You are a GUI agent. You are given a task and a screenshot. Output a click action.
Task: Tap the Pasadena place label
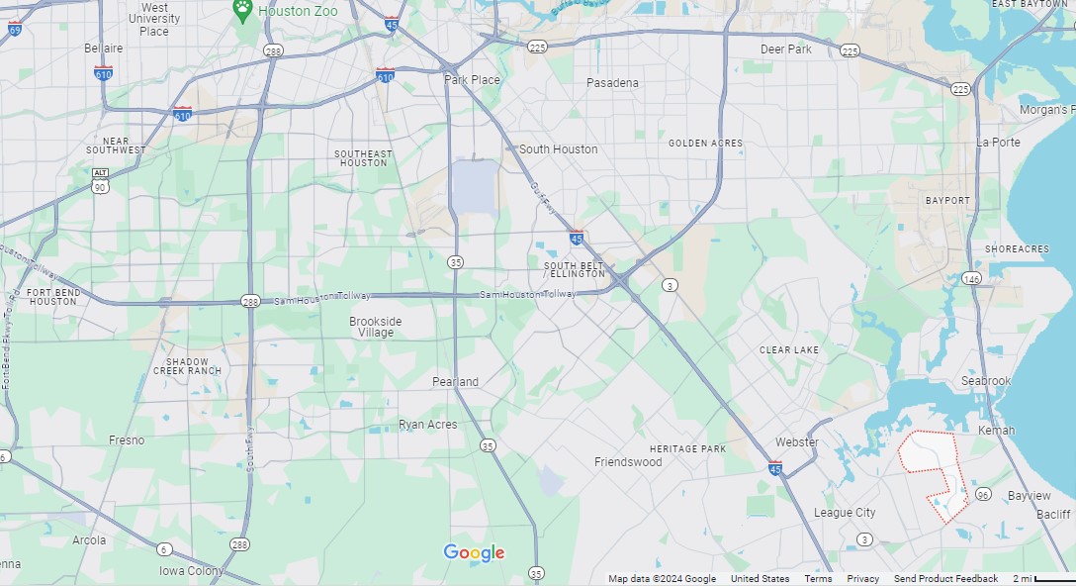tap(612, 83)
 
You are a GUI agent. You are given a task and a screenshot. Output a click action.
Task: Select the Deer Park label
tap(785, 49)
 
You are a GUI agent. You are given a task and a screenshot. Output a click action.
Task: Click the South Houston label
tap(558, 149)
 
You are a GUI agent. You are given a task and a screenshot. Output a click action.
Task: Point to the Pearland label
tap(455, 382)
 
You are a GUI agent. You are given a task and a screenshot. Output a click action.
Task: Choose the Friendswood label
tap(628, 462)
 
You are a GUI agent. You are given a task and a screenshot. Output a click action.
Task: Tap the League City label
tap(845, 513)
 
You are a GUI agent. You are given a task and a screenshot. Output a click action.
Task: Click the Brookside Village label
tap(376, 328)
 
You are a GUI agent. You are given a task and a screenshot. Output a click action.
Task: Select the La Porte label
tap(998, 143)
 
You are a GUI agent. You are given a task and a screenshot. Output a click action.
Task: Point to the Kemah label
tap(996, 431)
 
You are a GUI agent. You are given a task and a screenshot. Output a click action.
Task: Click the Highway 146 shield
tap(973, 278)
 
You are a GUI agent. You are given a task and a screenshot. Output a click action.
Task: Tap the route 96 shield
tap(982, 494)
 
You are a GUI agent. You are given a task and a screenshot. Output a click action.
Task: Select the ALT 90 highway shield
tap(100, 179)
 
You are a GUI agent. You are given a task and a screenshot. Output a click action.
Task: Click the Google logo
tap(474, 553)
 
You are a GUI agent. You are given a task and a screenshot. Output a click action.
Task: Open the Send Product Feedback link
tap(945, 579)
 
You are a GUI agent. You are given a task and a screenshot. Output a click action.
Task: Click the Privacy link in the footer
tap(862, 579)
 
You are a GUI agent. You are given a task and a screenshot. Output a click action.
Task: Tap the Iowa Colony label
tap(192, 571)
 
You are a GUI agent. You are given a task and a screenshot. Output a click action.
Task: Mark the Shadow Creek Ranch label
tap(188, 366)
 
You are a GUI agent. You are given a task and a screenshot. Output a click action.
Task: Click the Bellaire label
tap(104, 49)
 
